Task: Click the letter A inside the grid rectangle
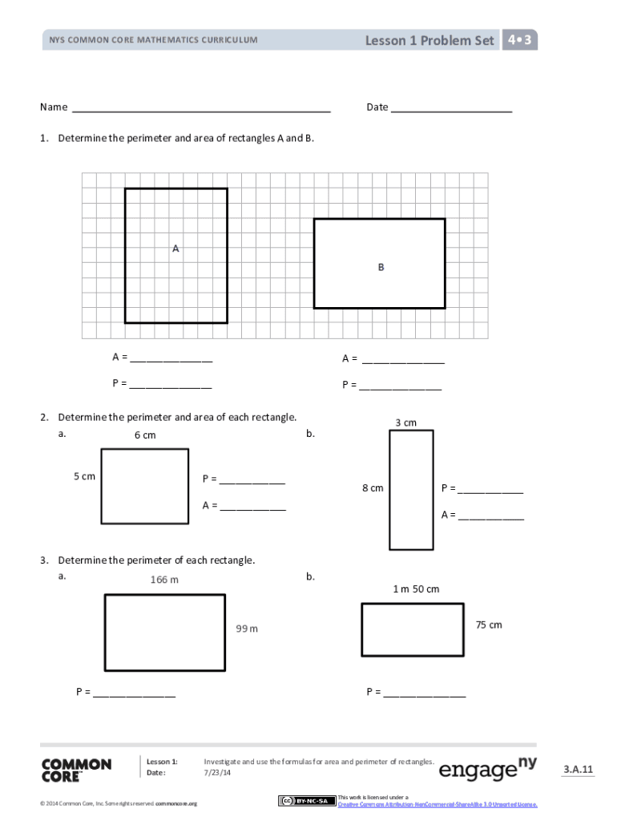click(x=175, y=249)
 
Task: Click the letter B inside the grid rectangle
click(x=381, y=267)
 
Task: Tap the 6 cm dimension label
click(x=145, y=435)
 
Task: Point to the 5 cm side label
click(x=84, y=476)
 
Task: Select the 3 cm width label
click(x=405, y=423)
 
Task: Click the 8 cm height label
click(x=373, y=487)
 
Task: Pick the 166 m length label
click(x=164, y=580)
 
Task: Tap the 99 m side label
click(x=247, y=629)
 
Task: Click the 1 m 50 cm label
click(x=416, y=589)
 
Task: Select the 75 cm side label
click(x=489, y=625)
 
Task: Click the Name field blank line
click(x=201, y=108)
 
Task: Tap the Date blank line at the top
click(x=451, y=108)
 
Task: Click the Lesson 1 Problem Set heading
click(x=429, y=40)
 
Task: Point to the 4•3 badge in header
click(x=520, y=39)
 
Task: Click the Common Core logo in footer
click(x=76, y=770)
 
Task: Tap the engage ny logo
click(x=488, y=770)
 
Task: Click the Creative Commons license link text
click(x=438, y=803)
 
